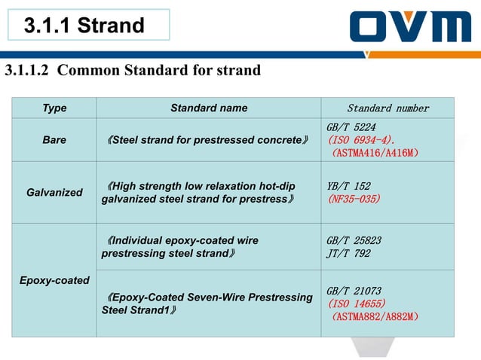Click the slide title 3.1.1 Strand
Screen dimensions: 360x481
coord(84,26)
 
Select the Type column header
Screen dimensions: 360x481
coord(54,108)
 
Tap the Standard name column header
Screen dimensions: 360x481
coord(209,108)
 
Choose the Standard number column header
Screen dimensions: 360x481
coord(388,108)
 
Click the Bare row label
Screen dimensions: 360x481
coord(54,140)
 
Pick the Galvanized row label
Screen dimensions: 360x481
coord(54,193)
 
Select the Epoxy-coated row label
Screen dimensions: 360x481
coord(54,280)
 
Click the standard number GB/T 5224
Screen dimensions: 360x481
coord(351,127)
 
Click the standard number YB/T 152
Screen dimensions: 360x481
coord(348,186)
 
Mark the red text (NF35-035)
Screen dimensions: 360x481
coord(354,200)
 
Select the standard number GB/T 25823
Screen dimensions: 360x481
coord(354,241)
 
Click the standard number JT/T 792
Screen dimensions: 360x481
coord(348,254)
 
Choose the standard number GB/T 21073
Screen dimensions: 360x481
coord(354,291)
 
